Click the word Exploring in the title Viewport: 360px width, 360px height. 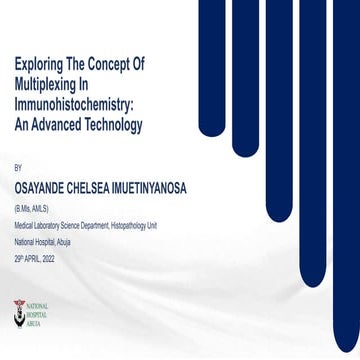pyautogui.click(x=38, y=63)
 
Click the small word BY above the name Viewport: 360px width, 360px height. pyautogui.click(x=17, y=169)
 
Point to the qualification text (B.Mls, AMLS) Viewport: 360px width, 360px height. pyautogui.click(x=31, y=207)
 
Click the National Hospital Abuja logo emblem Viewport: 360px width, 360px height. pyautogui.click(x=19, y=313)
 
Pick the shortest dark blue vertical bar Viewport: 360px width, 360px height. pyautogui.click(x=214, y=60)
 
